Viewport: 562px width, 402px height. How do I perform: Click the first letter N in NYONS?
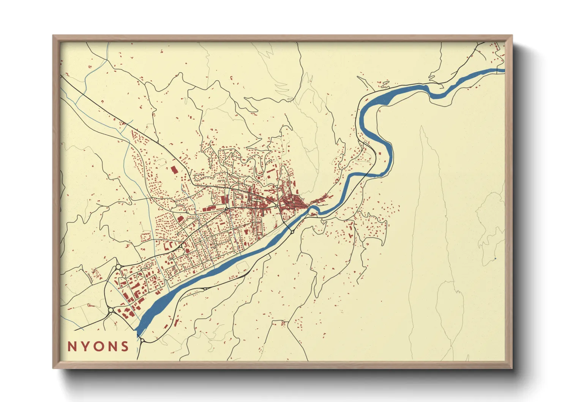point(71,347)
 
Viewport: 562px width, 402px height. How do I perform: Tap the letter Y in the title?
point(85,347)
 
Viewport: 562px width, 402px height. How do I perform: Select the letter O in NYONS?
point(99,347)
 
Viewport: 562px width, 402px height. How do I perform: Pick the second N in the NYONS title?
point(112,347)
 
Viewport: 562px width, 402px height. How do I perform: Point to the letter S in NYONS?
point(125,347)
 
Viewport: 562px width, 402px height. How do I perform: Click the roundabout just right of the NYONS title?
point(142,340)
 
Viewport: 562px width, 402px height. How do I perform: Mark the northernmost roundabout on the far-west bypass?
point(118,267)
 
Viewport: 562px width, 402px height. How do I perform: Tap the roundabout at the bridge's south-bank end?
point(292,231)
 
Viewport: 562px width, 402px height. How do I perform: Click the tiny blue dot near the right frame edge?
point(495,259)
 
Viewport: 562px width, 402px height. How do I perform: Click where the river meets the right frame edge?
point(504,70)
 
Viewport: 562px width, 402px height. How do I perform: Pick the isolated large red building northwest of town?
point(174,169)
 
